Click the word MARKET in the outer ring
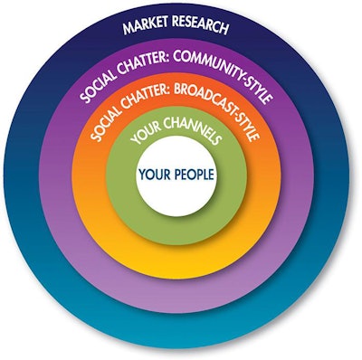[x=148, y=25]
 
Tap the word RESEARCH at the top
[x=205, y=24]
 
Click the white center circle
[x=177, y=194]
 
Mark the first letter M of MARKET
[x=127, y=28]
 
